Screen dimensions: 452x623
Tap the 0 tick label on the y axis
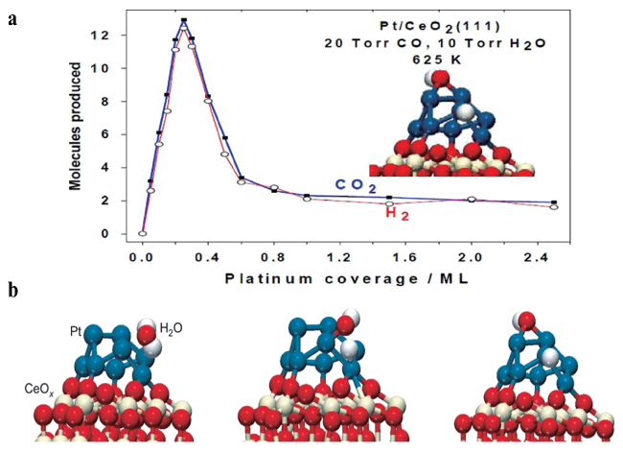(x=116, y=234)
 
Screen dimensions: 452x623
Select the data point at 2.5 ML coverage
(x=554, y=203)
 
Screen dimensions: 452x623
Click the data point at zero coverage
(x=143, y=232)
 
